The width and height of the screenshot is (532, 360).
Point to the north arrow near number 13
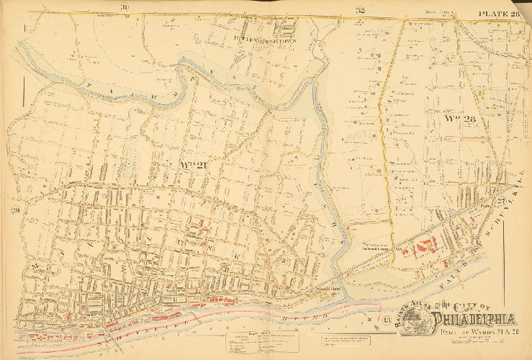(x=370, y=318)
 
